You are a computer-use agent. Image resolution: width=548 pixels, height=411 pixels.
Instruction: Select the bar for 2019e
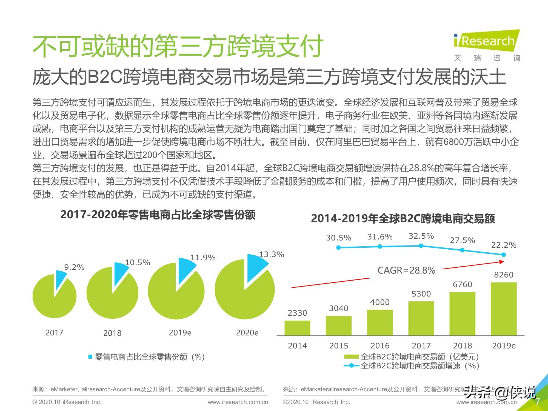click(504, 309)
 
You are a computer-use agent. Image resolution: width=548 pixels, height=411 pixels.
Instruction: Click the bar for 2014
click(297, 328)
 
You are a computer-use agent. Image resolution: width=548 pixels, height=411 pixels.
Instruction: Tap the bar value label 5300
click(421, 294)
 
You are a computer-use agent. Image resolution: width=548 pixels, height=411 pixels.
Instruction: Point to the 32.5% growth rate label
click(421, 236)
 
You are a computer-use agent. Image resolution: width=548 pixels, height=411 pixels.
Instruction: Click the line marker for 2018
click(462, 250)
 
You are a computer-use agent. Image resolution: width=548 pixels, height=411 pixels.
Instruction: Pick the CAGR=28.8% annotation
click(406, 270)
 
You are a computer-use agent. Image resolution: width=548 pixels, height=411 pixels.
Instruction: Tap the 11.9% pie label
click(203, 258)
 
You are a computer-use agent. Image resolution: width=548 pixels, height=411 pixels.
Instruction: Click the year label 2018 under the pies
click(112, 333)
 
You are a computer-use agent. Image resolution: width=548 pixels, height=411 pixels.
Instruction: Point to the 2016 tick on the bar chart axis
click(380, 346)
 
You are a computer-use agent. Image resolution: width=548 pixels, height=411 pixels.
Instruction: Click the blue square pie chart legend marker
click(90, 357)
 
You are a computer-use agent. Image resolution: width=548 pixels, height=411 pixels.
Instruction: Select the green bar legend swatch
click(351, 357)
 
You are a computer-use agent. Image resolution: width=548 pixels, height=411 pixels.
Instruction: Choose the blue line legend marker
click(351, 366)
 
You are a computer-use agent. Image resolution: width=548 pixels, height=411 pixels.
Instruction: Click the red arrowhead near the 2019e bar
click(502, 262)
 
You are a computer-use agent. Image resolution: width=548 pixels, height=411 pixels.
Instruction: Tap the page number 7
click(537, 402)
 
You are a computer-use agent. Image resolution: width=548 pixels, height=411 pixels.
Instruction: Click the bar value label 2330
click(297, 313)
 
